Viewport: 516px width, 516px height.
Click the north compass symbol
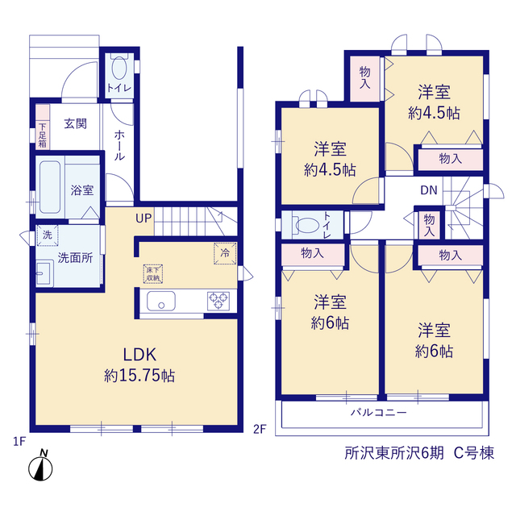click(40, 465)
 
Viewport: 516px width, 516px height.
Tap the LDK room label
click(139, 355)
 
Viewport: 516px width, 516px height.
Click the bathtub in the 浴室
click(50, 187)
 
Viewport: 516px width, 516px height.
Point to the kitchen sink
click(161, 301)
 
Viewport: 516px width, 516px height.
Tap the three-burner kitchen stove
click(218, 301)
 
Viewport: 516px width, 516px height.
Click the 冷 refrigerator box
click(225, 253)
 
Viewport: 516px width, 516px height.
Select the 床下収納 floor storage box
click(153, 274)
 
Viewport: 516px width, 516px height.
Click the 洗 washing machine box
click(48, 235)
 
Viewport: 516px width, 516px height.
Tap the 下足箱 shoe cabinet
click(43, 127)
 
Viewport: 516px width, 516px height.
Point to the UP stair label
click(144, 218)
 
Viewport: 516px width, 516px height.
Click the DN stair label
click(429, 190)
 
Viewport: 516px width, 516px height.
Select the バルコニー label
click(378, 412)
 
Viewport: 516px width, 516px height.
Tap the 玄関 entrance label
click(75, 124)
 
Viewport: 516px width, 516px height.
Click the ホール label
click(119, 145)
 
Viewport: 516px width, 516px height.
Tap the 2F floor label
click(260, 429)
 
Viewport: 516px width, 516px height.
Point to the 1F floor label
click(19, 441)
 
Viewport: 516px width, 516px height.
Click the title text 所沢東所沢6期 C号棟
click(419, 453)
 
